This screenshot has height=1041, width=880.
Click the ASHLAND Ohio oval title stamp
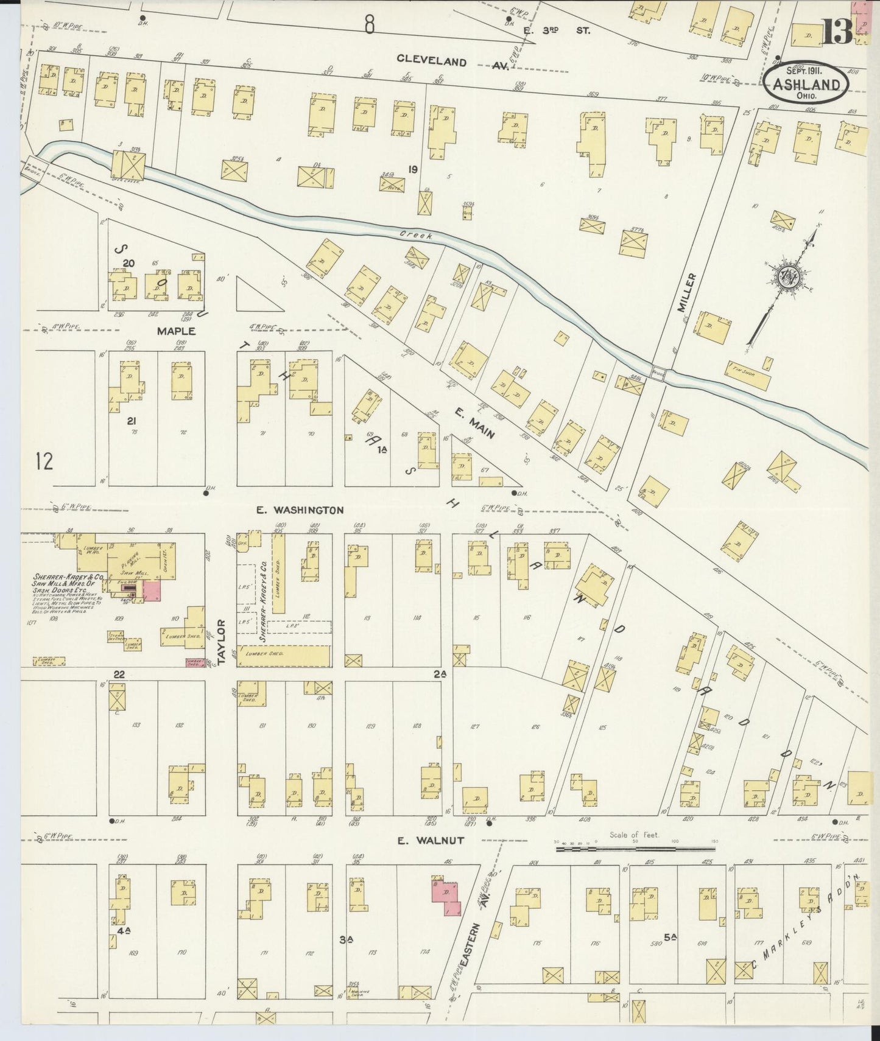pos(806,86)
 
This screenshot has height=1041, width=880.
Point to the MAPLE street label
pos(176,331)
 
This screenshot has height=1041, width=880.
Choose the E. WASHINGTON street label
pos(300,510)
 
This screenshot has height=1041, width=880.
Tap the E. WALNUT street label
pos(431,841)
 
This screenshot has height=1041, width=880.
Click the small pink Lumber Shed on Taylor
pos(195,664)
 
